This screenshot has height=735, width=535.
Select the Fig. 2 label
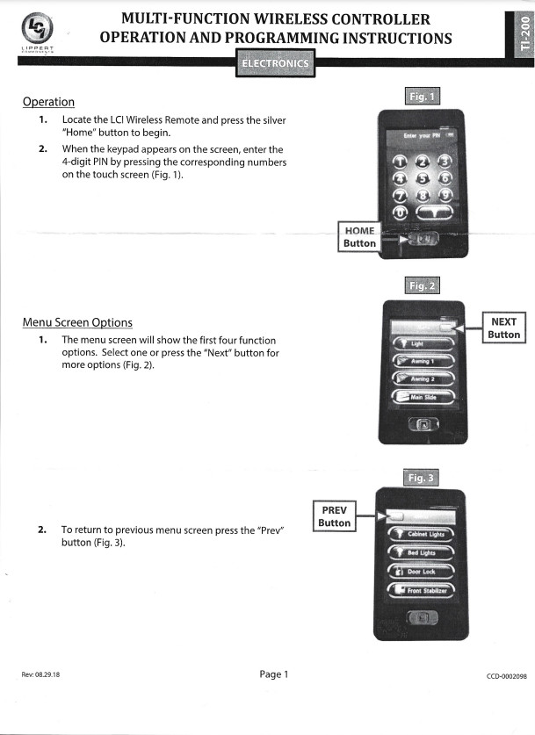point(423,285)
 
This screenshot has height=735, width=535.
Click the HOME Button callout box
point(359,236)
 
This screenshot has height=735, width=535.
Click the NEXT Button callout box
point(503,328)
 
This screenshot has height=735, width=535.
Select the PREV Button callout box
point(334,516)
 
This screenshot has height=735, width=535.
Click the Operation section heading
point(48,102)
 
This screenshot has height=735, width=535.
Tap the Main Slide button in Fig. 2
point(423,397)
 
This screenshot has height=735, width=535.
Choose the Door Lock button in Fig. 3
point(422,571)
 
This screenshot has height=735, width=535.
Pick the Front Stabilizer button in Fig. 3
point(422,591)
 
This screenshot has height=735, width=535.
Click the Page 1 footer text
point(274,674)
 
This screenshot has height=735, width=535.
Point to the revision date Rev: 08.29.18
point(40,675)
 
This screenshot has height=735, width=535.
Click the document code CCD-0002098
point(505,675)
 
